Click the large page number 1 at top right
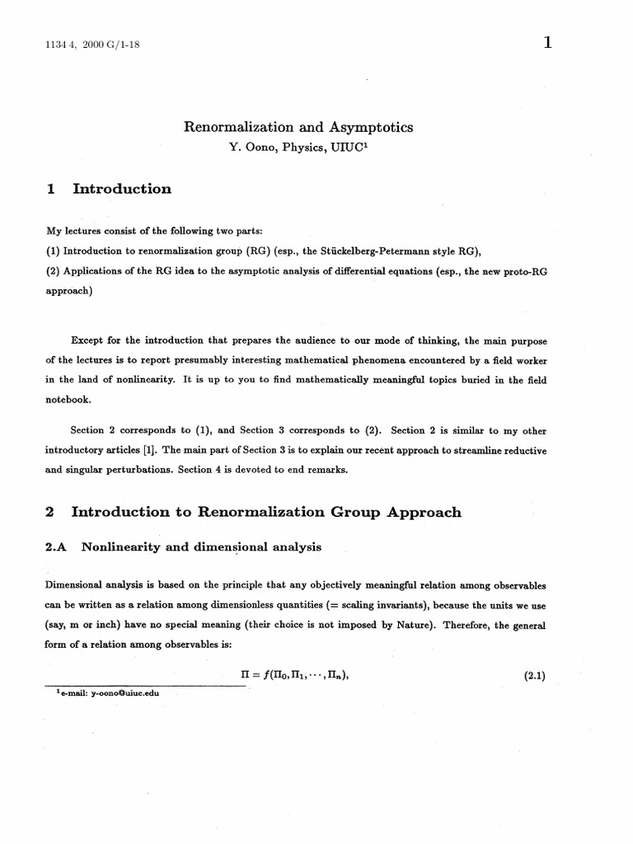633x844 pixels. coord(546,44)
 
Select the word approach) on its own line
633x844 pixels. coord(69,291)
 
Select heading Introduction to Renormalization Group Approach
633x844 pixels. coord(266,513)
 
